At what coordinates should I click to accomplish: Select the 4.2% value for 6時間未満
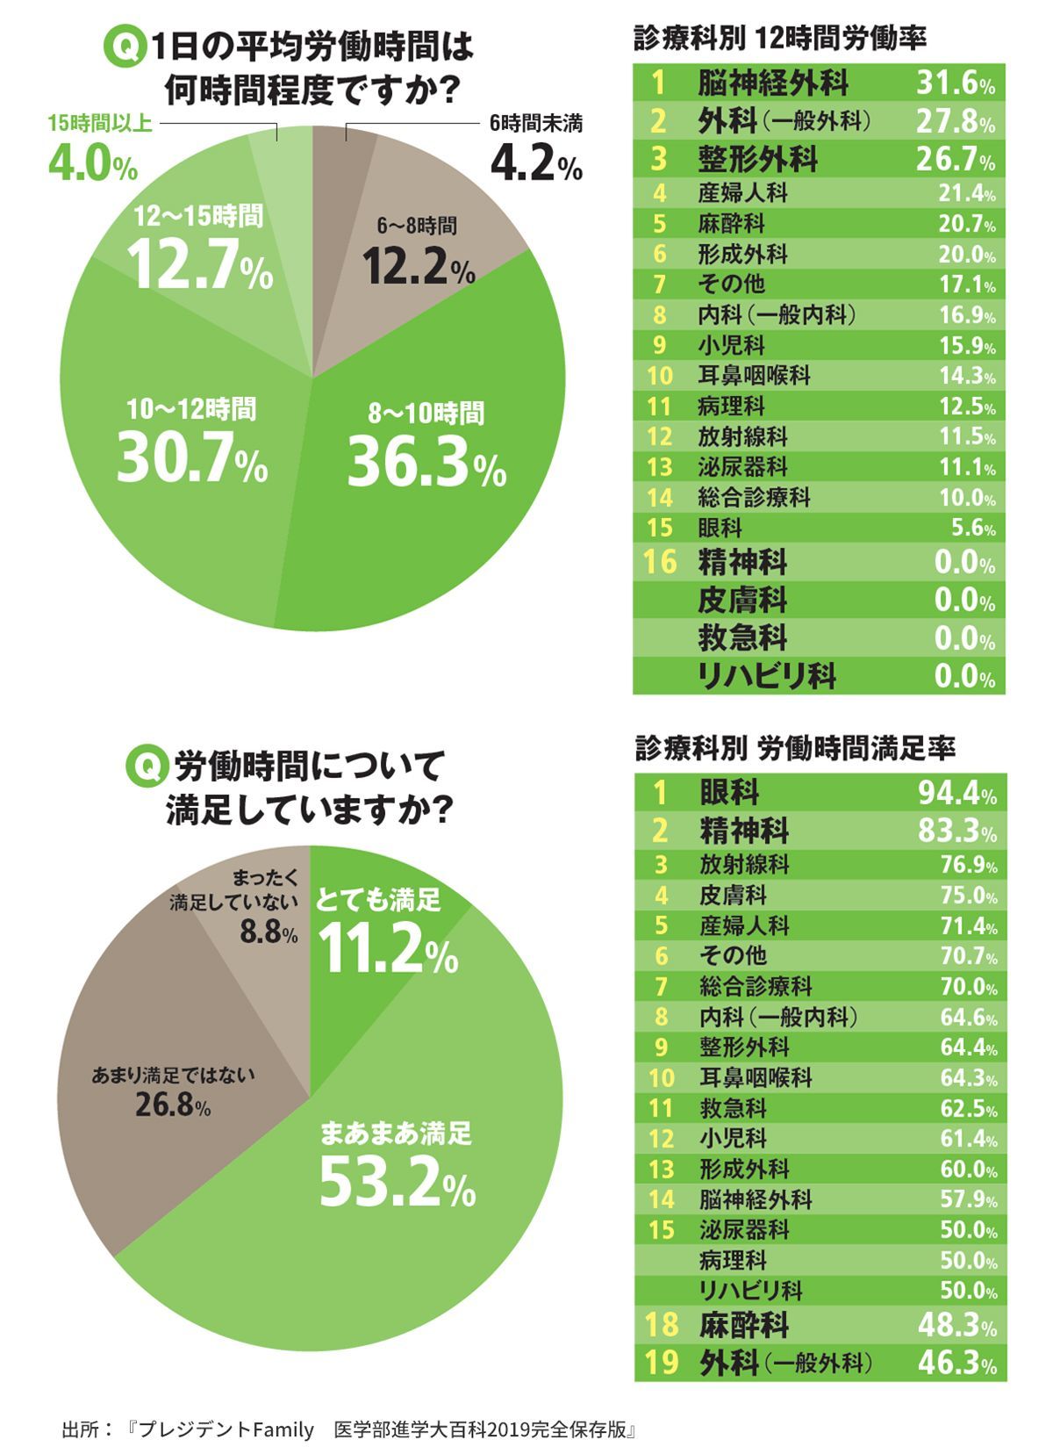tap(535, 163)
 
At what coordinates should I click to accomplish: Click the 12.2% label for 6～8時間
tap(419, 265)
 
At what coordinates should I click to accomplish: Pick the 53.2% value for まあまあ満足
tap(397, 1181)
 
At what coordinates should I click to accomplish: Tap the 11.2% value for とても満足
tap(387, 950)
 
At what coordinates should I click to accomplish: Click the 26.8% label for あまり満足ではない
tap(173, 1105)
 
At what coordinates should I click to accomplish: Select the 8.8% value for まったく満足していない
tap(269, 932)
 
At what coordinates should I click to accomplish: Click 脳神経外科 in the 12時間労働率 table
tap(773, 83)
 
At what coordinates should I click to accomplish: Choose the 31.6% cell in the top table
tap(956, 83)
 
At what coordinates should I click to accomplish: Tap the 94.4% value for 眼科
tap(957, 794)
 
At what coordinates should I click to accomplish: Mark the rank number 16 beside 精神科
tap(660, 562)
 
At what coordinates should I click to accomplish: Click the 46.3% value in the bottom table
tap(957, 1363)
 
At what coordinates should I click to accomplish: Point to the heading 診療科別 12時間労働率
tap(779, 38)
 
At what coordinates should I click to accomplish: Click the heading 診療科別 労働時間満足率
tap(794, 748)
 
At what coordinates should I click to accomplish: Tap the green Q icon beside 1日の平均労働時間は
tap(123, 47)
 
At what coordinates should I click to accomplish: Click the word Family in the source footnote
tap(283, 1429)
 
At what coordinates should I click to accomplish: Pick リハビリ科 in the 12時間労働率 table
tap(767, 676)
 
